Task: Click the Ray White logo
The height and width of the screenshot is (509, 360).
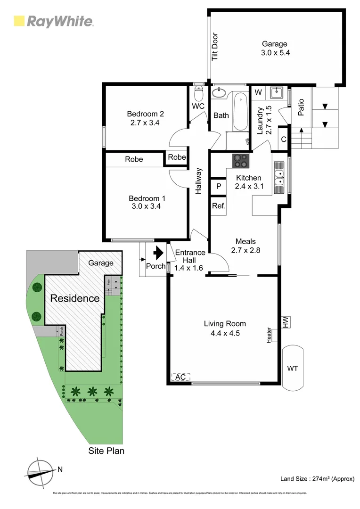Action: (x=53, y=21)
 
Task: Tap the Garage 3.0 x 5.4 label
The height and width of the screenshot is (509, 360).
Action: (x=275, y=49)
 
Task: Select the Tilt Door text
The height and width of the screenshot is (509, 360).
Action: (x=215, y=46)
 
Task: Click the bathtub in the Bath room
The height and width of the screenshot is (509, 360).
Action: (x=240, y=112)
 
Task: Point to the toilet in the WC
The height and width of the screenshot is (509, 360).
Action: (x=198, y=93)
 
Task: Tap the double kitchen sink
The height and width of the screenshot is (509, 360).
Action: (x=279, y=178)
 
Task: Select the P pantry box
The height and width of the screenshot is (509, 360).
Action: (x=218, y=187)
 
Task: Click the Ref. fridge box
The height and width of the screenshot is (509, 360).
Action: (x=218, y=206)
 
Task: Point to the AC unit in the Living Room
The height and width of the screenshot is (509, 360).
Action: (x=181, y=377)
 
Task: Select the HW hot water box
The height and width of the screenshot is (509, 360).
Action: (x=286, y=322)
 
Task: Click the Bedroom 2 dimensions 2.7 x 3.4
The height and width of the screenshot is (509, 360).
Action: (x=145, y=123)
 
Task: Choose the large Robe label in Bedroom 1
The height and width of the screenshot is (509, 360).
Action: (x=134, y=159)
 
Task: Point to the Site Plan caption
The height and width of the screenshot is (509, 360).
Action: (x=106, y=451)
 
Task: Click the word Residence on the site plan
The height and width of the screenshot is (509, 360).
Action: (x=75, y=298)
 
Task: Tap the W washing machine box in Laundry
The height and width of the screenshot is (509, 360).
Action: (x=258, y=92)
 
